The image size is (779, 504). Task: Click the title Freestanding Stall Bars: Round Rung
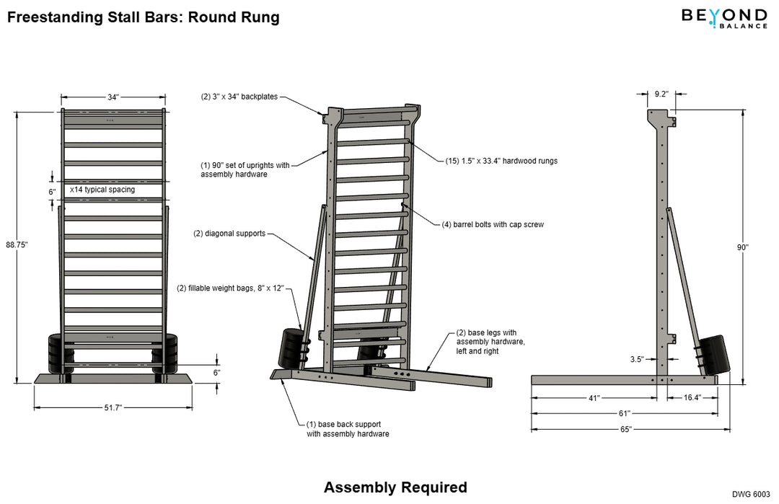tap(143, 17)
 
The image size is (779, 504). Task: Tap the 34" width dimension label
tap(113, 97)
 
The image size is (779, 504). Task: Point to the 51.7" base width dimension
tap(113, 407)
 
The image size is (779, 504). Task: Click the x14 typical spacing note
tap(102, 190)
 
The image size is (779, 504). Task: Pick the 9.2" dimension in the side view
tap(661, 93)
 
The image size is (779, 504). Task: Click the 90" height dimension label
tap(743, 247)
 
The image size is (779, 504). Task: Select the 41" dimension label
tap(594, 397)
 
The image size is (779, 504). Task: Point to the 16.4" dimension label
tap(691, 397)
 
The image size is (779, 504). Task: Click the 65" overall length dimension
tap(625, 429)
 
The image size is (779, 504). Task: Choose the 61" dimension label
tap(625, 413)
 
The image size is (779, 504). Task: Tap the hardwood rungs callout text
tap(501, 161)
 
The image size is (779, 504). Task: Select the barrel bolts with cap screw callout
tap(493, 224)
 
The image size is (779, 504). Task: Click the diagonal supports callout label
tap(229, 234)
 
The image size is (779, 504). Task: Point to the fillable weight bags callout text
tap(230, 288)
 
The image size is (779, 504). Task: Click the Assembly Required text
tap(395, 487)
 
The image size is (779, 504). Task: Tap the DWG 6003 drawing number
tap(752, 494)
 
